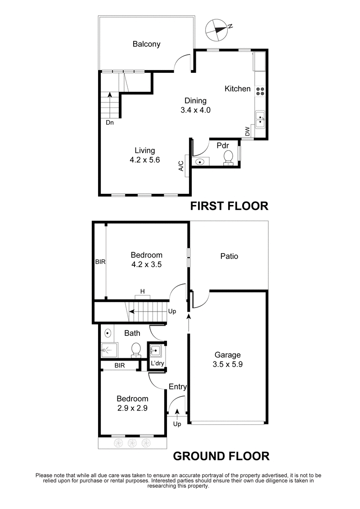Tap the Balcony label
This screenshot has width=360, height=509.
click(x=146, y=44)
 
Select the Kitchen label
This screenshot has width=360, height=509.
click(x=238, y=89)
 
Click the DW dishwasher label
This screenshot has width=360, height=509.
click(x=247, y=131)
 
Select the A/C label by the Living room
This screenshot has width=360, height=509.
click(x=181, y=166)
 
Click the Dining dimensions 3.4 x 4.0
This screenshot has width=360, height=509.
click(x=195, y=110)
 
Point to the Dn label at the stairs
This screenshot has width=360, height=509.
click(x=110, y=122)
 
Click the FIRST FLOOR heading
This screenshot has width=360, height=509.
click(x=229, y=206)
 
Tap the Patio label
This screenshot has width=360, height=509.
click(x=229, y=256)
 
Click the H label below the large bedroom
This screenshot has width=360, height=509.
click(x=143, y=291)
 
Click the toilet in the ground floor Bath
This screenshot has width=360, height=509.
click(x=135, y=349)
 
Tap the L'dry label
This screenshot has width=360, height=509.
click(x=157, y=363)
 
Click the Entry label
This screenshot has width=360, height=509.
click(x=177, y=387)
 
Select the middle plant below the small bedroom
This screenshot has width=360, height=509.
click(x=132, y=443)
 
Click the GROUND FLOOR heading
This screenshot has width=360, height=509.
click(x=221, y=456)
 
